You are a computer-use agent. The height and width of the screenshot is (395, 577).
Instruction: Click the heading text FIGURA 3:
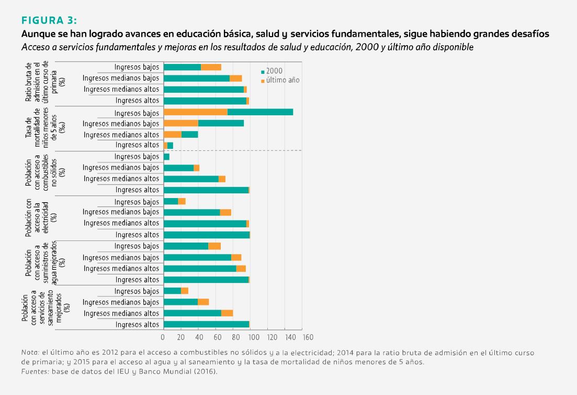(x=49, y=20)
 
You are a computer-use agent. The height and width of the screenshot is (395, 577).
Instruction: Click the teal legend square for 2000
(x=263, y=71)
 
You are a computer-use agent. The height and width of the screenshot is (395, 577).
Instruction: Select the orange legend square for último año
(x=263, y=81)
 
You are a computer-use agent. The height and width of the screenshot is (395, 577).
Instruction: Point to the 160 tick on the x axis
(x=308, y=337)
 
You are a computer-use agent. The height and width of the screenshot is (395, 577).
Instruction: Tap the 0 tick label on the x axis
(x=163, y=337)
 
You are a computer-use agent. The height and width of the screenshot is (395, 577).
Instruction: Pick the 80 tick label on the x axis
(x=235, y=337)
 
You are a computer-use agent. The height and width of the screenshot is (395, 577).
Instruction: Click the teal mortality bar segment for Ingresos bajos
(x=260, y=112)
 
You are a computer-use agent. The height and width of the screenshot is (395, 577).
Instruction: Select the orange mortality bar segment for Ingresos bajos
(x=195, y=112)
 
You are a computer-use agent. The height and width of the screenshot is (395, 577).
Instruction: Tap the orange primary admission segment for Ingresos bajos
(x=211, y=67)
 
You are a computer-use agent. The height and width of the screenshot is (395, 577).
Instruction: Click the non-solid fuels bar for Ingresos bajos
(x=166, y=157)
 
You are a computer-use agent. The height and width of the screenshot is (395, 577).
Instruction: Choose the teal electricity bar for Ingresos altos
(x=206, y=235)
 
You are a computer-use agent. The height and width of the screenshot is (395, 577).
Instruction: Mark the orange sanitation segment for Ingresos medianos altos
(x=227, y=313)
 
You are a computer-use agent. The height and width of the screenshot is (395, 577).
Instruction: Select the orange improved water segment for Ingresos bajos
(x=214, y=246)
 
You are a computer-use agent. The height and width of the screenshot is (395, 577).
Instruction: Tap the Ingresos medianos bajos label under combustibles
(x=121, y=168)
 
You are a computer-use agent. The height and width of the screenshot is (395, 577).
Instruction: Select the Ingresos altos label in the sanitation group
(x=137, y=325)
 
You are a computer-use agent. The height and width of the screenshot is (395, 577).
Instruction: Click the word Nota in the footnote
(x=30, y=353)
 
